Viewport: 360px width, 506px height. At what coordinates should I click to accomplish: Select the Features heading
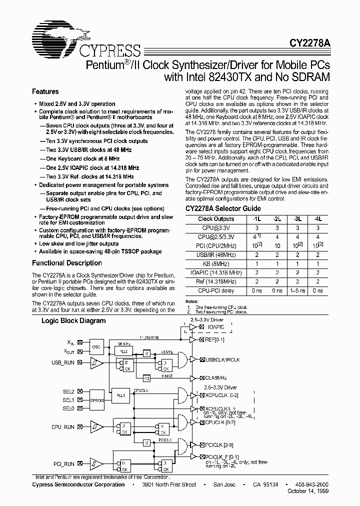tap(45, 92)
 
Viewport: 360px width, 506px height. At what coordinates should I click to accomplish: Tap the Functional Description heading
tap(67, 263)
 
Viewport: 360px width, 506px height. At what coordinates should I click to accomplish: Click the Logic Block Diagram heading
tap(73, 320)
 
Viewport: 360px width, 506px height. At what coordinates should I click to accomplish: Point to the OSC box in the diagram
tap(97, 347)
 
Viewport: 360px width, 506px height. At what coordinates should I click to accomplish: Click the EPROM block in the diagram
tap(97, 400)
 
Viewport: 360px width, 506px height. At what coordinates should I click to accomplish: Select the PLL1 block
tap(120, 394)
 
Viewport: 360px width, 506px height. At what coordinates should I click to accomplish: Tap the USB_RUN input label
tap(63, 362)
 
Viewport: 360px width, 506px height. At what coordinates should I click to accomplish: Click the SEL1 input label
tap(68, 400)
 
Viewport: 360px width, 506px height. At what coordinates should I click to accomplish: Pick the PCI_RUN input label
tap(64, 464)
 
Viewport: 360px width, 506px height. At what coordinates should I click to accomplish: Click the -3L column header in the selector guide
tap(297, 219)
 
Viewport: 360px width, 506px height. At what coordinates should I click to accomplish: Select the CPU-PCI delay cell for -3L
tap(297, 290)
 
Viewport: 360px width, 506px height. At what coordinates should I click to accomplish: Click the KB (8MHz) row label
tap(216, 263)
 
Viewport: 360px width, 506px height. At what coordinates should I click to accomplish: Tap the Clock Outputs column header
tap(216, 219)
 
